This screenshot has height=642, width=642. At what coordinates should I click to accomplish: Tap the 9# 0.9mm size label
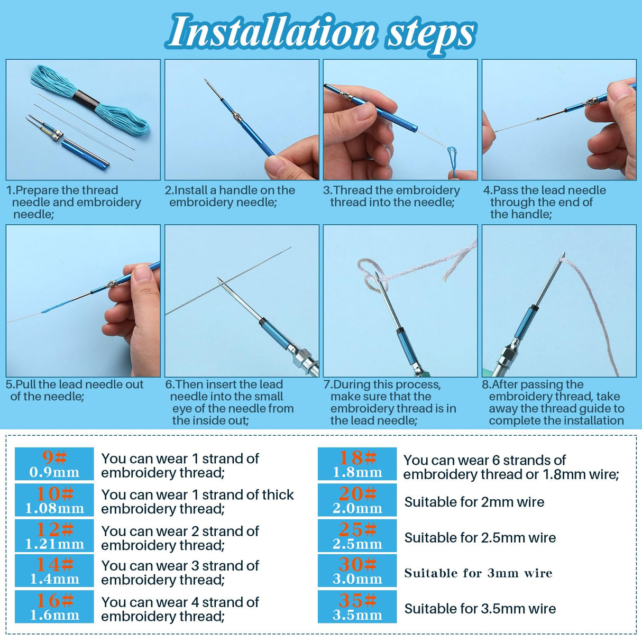coord(54,464)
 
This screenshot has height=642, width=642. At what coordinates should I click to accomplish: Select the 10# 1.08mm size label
coord(54,500)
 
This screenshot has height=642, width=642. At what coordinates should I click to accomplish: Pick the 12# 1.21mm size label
coord(54,536)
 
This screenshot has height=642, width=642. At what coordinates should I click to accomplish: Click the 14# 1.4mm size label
coord(54,571)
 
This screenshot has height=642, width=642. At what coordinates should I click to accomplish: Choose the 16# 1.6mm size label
coord(54,607)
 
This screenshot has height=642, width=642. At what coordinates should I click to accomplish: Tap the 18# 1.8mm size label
coord(357,464)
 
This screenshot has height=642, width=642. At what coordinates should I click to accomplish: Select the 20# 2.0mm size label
coord(357,500)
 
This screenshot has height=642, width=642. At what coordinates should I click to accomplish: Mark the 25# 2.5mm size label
coord(357,536)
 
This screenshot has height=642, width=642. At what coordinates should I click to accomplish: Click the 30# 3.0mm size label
coord(357,571)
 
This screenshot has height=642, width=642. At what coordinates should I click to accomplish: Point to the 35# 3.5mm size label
coord(357,607)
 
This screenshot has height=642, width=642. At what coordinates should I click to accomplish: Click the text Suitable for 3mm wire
coord(478,573)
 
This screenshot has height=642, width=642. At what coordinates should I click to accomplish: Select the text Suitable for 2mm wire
coord(474,502)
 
